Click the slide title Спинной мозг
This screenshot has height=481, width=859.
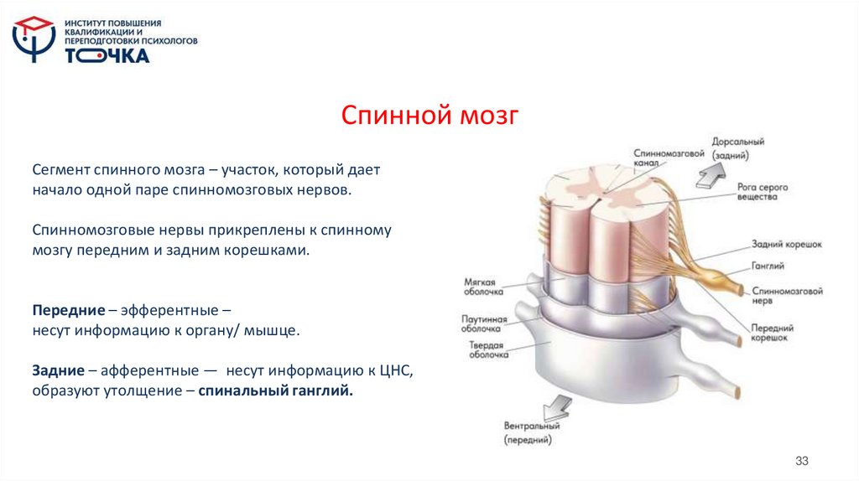(429, 115)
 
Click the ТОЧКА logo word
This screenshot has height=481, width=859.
(107, 56)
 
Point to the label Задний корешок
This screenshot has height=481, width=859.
(786, 244)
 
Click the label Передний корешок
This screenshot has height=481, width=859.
(771, 334)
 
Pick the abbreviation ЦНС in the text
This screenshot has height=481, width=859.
(398, 370)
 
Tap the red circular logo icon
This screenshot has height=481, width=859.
(34, 39)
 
